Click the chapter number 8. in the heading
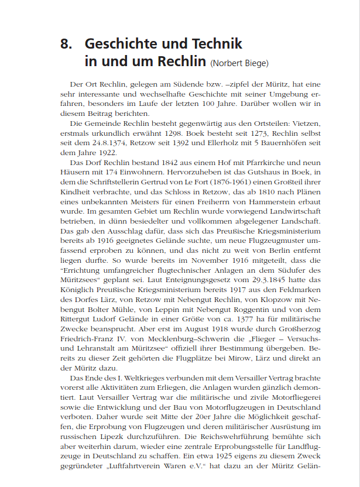point(66,44)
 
